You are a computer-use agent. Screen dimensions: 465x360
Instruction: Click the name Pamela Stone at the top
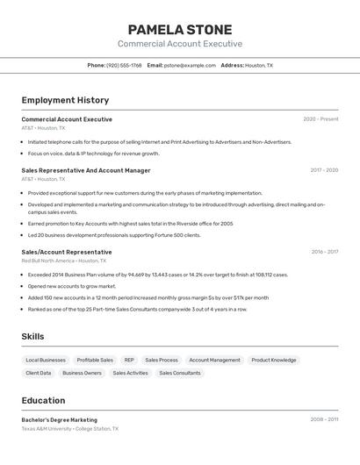pos(180,30)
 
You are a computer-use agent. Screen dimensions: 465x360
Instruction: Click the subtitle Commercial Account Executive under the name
pos(180,44)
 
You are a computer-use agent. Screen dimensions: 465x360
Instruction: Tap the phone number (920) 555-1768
pos(124,65)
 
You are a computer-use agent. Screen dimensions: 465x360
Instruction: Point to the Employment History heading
pos(65,100)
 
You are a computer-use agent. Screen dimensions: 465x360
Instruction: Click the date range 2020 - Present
pos(320,119)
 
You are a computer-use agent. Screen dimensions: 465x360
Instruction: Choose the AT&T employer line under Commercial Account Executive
pos(43,128)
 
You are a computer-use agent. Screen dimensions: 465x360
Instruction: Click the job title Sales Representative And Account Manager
pos(86,170)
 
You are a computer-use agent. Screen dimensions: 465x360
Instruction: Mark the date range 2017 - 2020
pos(324,170)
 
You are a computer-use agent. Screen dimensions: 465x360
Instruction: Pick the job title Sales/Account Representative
pos(67,252)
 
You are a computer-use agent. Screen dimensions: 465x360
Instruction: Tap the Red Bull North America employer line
pos(63,261)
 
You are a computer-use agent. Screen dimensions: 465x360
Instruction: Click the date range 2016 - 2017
pos(325,252)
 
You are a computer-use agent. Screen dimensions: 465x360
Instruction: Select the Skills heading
pos(32,336)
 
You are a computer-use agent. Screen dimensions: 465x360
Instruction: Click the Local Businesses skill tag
pos(46,360)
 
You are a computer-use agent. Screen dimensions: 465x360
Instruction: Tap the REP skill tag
pos(129,360)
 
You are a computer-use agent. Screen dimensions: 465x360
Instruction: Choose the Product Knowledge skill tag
pos(273,360)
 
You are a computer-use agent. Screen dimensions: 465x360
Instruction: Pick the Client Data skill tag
pos(39,373)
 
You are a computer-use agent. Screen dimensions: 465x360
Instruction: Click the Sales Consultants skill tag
pos(180,373)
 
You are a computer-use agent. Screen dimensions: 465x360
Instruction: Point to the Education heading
pos(43,400)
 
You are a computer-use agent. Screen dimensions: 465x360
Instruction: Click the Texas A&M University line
pos(69,429)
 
